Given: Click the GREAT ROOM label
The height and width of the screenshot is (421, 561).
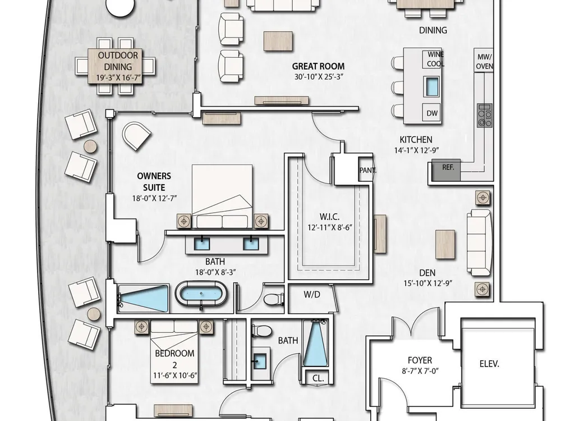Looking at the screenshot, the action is coord(318,66).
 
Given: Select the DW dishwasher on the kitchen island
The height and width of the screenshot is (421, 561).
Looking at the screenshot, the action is coord(432,113).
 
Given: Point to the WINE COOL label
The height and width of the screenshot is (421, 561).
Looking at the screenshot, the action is coord(435,59).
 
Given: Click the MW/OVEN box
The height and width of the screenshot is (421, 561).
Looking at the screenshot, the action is coord(484,61).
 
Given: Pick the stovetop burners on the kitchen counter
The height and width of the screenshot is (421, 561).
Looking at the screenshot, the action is coord(485,115).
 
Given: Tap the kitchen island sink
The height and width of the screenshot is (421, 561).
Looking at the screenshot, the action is coord(431,86).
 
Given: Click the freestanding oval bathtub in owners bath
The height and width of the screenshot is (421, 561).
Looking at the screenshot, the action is coord(201,294).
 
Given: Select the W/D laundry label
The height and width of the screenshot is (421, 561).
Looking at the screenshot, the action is coord(311,295).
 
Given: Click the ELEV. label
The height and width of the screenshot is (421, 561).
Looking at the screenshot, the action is coord(489,364).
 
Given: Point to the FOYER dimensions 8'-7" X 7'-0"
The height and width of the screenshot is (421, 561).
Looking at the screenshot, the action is coord(420,371).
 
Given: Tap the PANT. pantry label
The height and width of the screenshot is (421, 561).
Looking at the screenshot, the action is coord(367,171).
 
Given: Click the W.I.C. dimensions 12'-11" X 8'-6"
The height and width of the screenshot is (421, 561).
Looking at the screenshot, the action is coord(329,227).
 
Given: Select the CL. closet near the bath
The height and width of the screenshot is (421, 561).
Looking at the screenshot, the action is coord(318,378).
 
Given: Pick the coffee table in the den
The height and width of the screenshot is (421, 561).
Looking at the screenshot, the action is coord(445,245).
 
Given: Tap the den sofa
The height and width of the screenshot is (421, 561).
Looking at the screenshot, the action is coord(479,242).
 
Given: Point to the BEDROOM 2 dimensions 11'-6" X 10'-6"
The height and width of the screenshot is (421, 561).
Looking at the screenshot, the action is coord(175,376).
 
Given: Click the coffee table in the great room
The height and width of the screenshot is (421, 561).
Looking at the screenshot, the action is coord(278,41).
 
